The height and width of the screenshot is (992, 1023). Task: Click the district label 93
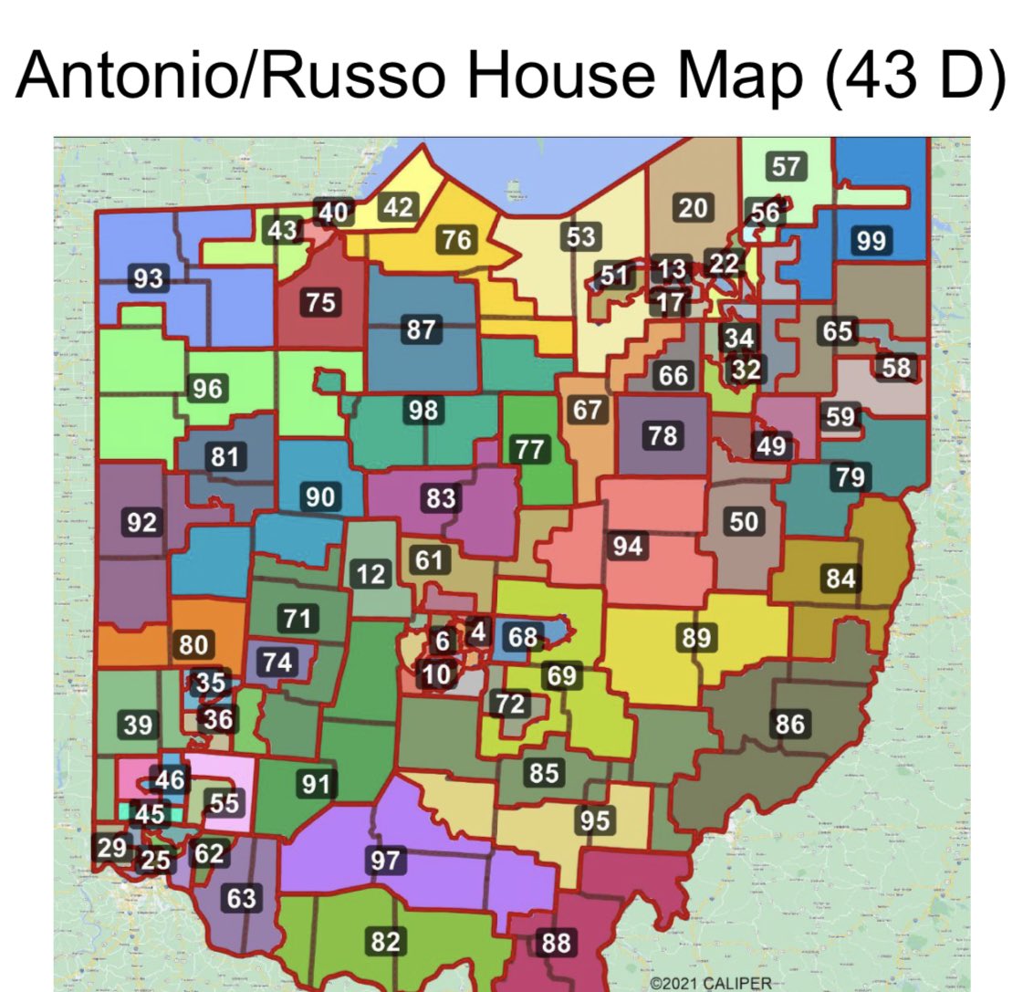coord(148,278)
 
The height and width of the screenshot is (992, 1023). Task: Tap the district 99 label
coord(871,241)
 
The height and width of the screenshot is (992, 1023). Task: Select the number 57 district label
coord(786,167)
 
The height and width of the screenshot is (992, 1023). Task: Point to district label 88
coord(555,943)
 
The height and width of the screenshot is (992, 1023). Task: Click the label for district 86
coord(789,724)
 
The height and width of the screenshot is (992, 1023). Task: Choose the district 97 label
coord(385,860)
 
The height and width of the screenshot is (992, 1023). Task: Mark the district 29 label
coord(112,848)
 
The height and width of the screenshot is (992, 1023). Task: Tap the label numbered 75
coord(320,302)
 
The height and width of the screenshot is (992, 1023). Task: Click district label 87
coord(421,329)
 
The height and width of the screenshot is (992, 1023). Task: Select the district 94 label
coord(628,547)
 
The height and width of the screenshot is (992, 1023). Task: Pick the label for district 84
coord(840,578)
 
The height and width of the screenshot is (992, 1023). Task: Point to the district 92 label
coord(142,523)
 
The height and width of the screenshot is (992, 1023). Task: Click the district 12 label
coord(371,575)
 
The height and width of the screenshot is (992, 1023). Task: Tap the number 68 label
coord(523,636)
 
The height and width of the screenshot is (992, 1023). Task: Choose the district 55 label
coord(224,803)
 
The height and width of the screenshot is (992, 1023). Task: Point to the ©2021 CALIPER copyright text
coord(711,984)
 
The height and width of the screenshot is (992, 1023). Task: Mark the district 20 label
coord(692,209)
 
